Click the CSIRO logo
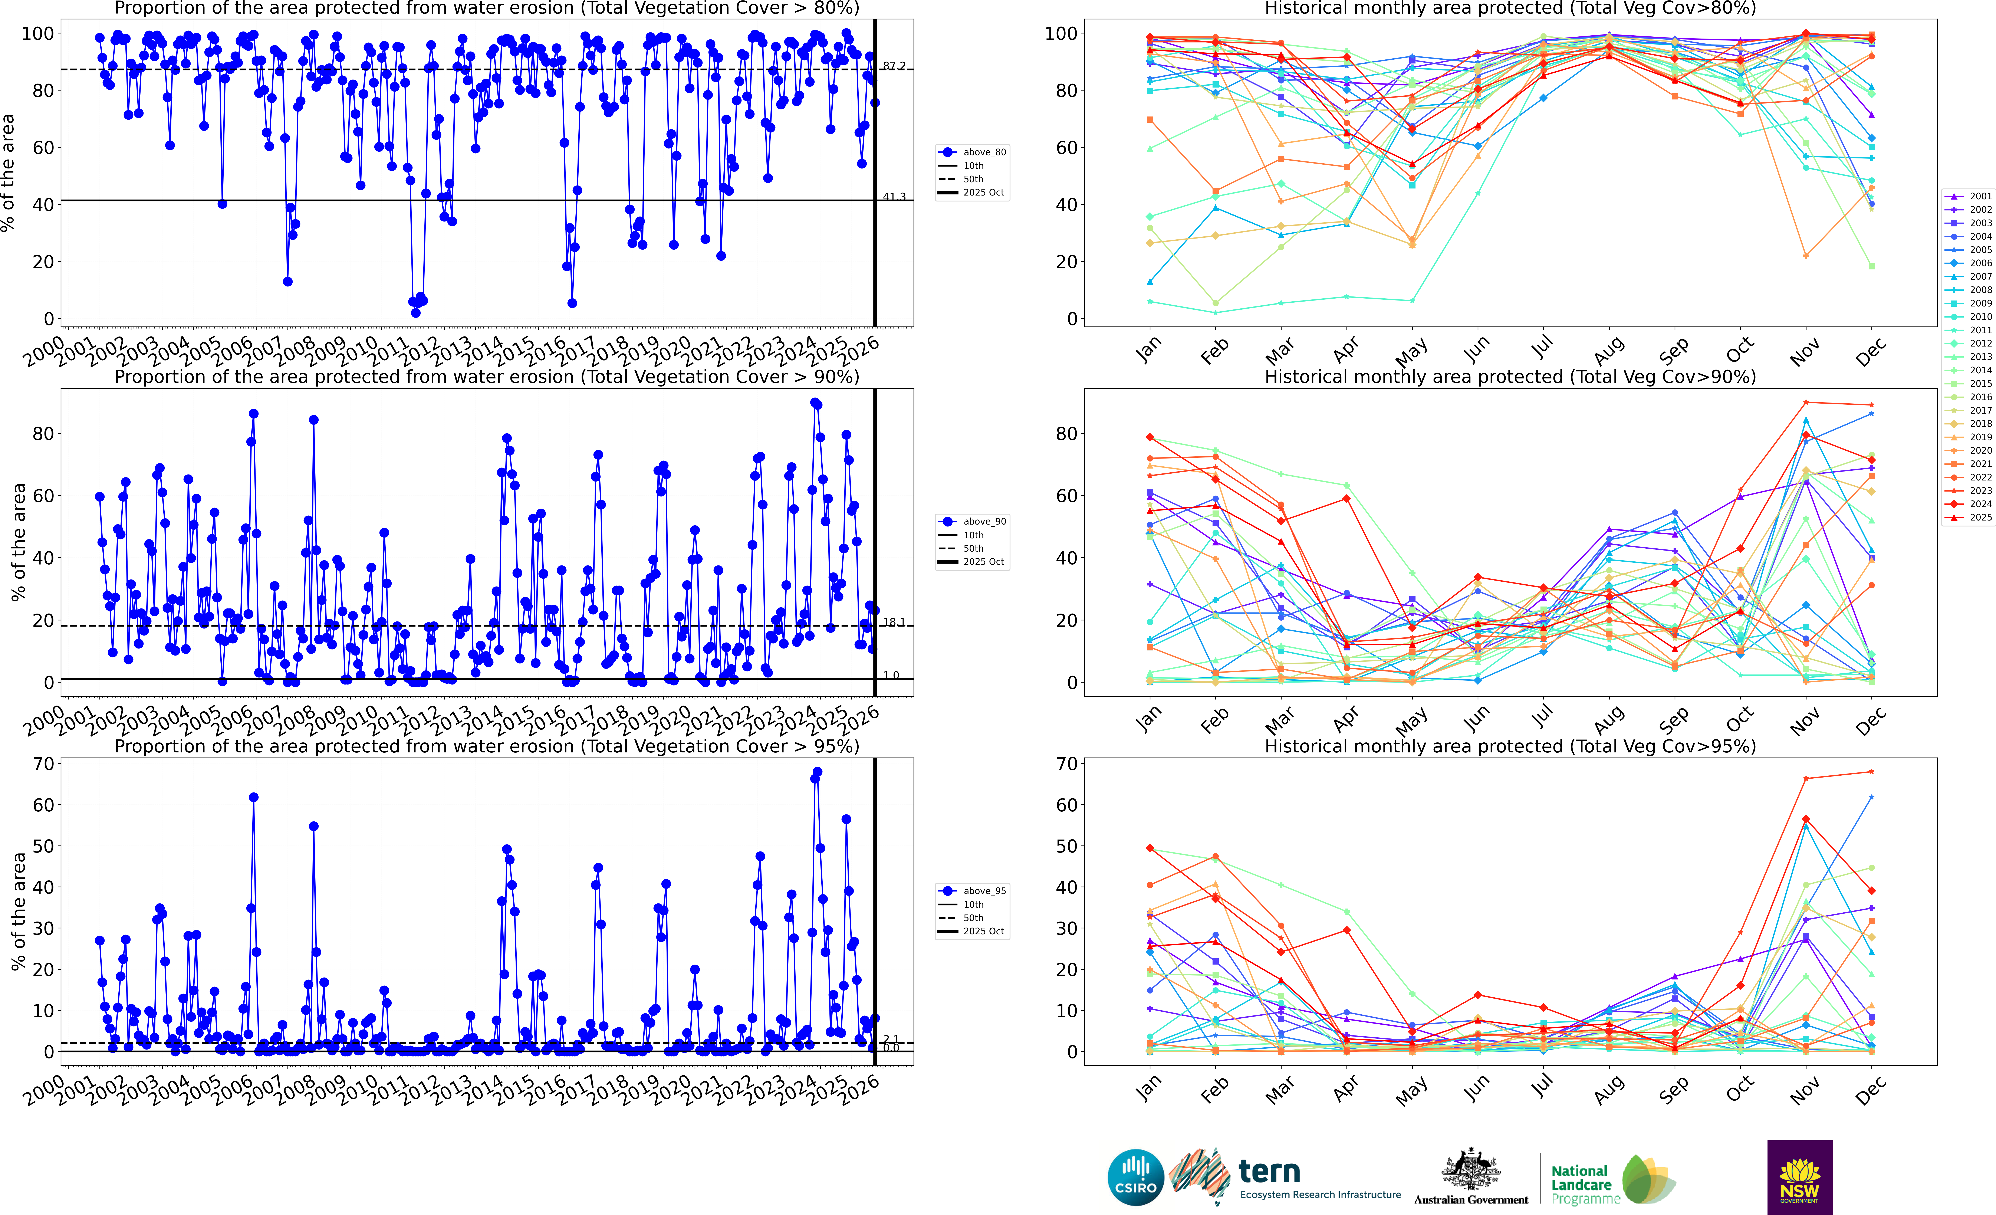pos(1135,1177)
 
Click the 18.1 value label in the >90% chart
pos(894,622)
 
